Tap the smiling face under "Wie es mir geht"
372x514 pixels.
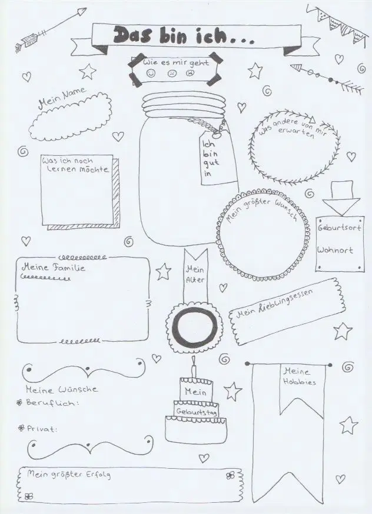pyautogui.click(x=151, y=73)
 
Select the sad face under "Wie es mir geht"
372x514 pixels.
pyautogui.click(x=190, y=73)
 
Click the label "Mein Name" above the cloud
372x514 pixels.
pyautogui.click(x=62, y=98)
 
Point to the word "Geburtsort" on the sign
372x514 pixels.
pyautogui.click(x=339, y=227)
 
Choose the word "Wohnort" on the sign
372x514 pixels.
pyautogui.click(x=335, y=250)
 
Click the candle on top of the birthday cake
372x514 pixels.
pyautogui.click(x=194, y=368)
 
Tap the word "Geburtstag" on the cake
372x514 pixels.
pyautogui.click(x=196, y=412)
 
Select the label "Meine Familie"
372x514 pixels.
pyautogui.click(x=53, y=268)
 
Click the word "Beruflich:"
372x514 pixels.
pyautogui.click(x=52, y=402)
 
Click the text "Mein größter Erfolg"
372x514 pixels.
pyautogui.click(x=68, y=475)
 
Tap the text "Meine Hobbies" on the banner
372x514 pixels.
pyautogui.click(x=299, y=376)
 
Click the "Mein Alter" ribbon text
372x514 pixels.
pyautogui.click(x=195, y=275)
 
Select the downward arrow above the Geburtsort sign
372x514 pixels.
pyautogui.click(x=341, y=198)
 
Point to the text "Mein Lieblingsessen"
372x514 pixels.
pyautogui.click(x=274, y=303)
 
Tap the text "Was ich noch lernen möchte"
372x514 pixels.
pyautogui.click(x=75, y=165)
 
